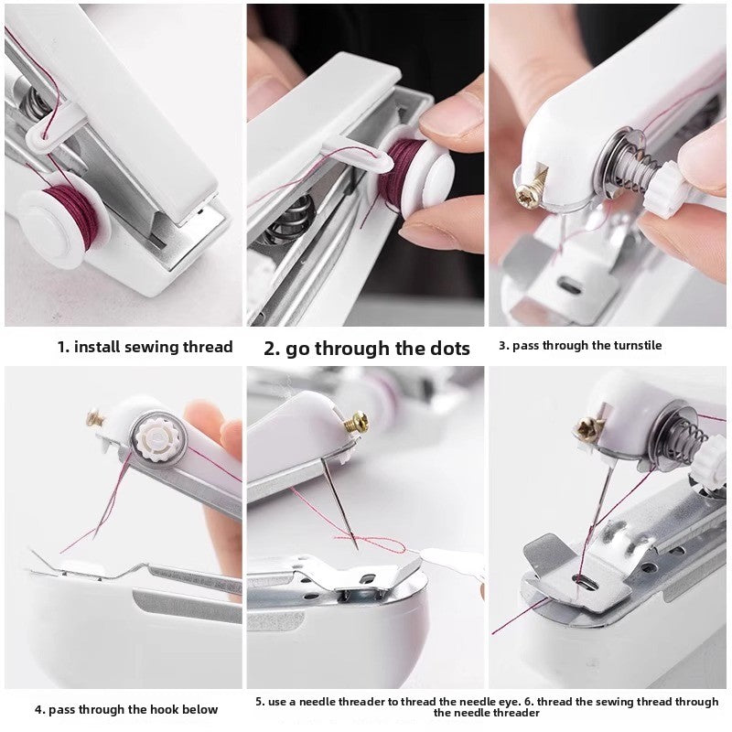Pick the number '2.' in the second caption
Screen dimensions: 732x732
[x=272, y=348]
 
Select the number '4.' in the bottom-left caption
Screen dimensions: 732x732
[x=40, y=709]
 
